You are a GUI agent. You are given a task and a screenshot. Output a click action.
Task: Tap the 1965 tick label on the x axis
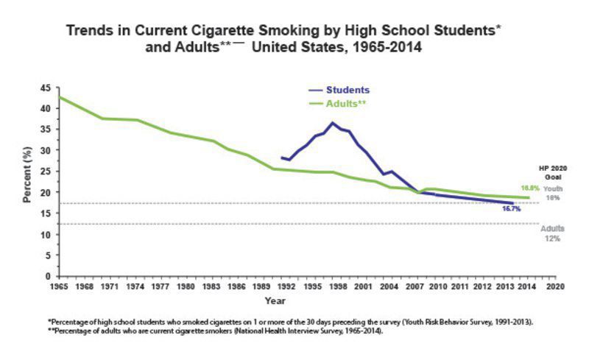[x=59, y=286]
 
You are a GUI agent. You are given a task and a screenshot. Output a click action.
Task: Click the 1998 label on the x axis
[x=336, y=286]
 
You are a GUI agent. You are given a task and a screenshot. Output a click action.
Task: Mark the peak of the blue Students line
[x=333, y=122]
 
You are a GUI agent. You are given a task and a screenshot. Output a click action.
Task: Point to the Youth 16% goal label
[x=553, y=194]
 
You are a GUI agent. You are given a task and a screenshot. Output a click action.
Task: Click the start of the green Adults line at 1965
[x=60, y=97]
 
